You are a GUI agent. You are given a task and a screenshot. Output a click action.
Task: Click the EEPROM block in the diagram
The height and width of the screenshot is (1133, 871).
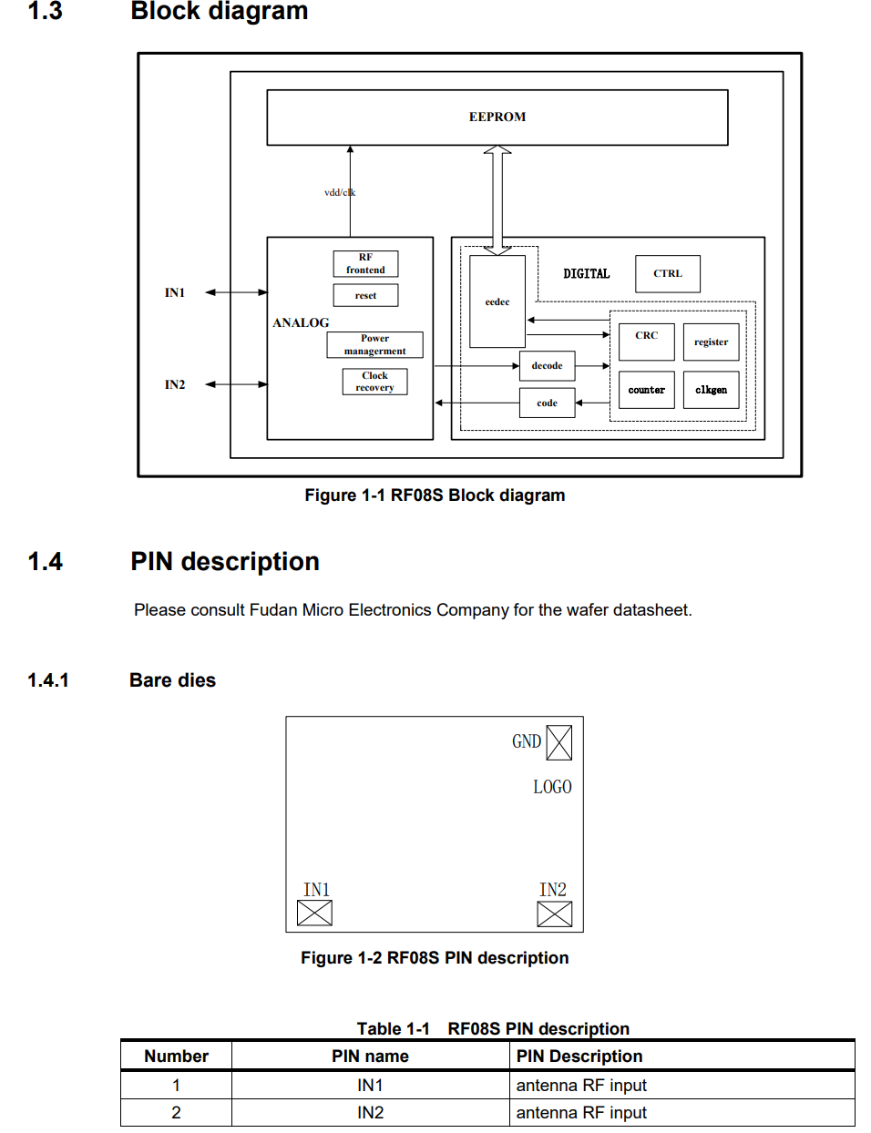[497, 117]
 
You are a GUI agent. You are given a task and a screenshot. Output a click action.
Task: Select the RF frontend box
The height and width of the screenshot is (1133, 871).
[365, 264]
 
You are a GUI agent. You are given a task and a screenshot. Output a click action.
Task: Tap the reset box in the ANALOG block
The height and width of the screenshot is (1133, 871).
[365, 295]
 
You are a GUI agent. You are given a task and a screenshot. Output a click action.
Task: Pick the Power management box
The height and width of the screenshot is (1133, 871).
[375, 344]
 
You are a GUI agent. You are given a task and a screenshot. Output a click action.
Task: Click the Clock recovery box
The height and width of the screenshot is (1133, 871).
[375, 382]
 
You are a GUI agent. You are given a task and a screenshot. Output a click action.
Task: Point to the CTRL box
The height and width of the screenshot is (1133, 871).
[668, 274]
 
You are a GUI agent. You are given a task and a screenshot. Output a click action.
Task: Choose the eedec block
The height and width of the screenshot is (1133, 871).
[497, 301]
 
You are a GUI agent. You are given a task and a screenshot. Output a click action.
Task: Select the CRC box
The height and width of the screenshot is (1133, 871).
[647, 342]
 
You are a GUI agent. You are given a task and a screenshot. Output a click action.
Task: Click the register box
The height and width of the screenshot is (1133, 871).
[712, 342]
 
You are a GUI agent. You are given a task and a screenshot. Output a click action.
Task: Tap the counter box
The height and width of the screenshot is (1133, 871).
[647, 390]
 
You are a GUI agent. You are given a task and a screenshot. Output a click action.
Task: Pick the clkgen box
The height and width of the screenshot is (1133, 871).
[712, 390]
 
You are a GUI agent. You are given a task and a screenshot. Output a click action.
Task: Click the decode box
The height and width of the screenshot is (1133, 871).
[548, 366]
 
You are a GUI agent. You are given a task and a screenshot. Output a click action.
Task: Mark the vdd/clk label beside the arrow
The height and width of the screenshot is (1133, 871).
[340, 192]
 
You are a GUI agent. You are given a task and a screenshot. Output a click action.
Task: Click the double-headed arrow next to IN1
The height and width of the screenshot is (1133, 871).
[236, 292]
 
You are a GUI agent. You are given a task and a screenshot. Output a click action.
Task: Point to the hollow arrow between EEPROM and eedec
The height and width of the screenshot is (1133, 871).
[497, 200]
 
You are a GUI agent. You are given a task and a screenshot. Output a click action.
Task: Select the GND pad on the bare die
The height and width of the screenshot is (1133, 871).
[559, 742]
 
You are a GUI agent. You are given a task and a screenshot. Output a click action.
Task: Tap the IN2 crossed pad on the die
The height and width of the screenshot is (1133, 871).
[555, 914]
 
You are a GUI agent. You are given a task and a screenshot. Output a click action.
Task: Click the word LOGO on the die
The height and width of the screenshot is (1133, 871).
[552, 787]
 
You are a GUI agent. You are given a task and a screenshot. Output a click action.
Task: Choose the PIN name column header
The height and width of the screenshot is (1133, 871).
[370, 1056]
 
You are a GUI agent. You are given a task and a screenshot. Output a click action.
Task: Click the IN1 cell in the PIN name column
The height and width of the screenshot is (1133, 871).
[370, 1085]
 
